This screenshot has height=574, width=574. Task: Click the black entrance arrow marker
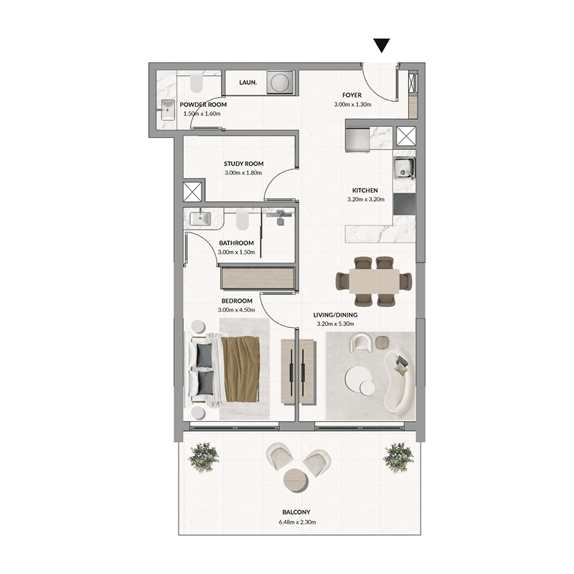click(382, 45)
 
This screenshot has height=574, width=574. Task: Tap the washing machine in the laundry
click(281, 82)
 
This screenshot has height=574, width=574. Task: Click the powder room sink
click(168, 110)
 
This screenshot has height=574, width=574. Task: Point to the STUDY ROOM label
click(243, 164)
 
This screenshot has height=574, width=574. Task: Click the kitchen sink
click(404, 168)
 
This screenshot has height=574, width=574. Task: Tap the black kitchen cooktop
click(404, 204)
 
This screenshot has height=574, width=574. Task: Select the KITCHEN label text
click(365, 190)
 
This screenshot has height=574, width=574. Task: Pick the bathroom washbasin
click(200, 219)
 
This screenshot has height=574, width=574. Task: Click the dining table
click(374, 281)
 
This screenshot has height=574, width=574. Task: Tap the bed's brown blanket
click(241, 369)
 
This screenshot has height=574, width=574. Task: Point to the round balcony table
click(296, 480)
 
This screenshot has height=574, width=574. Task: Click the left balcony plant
click(204, 457)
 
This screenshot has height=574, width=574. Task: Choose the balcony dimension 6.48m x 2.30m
click(297, 522)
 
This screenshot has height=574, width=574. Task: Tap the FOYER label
click(352, 95)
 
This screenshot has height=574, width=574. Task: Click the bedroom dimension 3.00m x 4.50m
click(236, 310)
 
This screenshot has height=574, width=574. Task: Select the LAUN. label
click(248, 83)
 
